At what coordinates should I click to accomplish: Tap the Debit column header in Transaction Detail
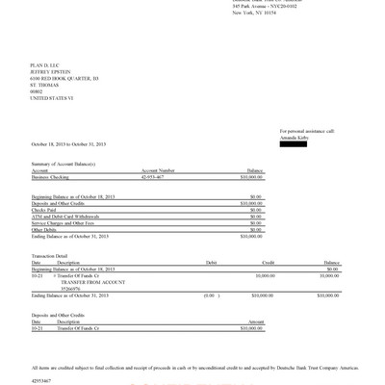(x=212, y=261)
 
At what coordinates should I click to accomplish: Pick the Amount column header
(x=256, y=321)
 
